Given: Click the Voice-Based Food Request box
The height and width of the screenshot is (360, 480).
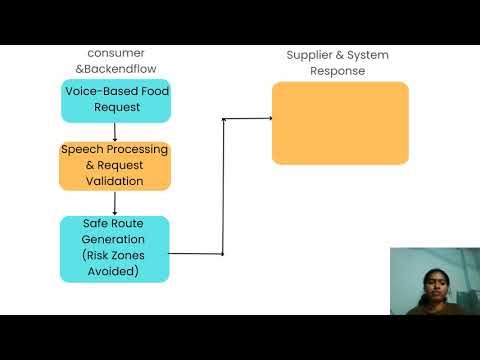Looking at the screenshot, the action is point(115,100).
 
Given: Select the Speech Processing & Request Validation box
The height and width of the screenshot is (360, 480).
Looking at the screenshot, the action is point(115,166).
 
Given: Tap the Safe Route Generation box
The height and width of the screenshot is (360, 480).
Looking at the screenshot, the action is point(115,247).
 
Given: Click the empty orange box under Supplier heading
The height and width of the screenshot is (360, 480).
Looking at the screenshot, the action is point(340,123).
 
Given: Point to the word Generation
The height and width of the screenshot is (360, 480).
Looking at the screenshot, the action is point(115,240).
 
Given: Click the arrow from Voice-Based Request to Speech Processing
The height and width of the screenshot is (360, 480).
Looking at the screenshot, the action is point(115,132).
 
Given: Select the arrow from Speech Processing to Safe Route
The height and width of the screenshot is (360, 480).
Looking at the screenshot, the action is point(115,203).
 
